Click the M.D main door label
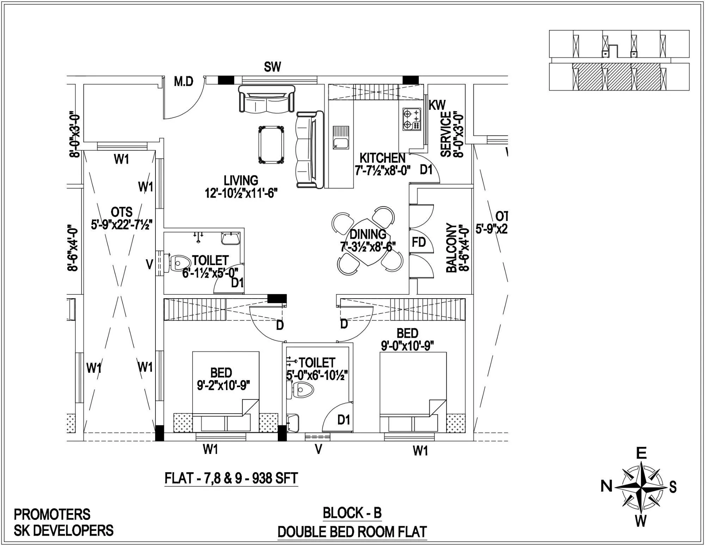[184, 82]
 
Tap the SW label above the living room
[272, 67]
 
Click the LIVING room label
[241, 180]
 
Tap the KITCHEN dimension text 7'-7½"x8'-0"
[382, 171]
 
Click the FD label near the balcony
[419, 242]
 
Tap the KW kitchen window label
[437, 105]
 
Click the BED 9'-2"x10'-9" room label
[221, 373]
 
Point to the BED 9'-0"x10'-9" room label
[407, 333]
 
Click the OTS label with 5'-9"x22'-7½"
[122, 212]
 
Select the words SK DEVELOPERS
[63, 530]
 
